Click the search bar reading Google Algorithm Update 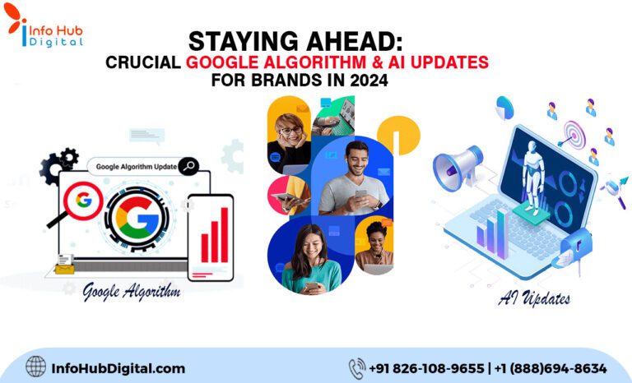pyautogui.click(x=142, y=166)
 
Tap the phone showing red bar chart pyautogui.click(x=211, y=236)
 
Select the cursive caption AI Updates pyautogui.click(x=533, y=298)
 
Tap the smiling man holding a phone pyautogui.click(x=354, y=177)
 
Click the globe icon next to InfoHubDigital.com pyautogui.click(x=36, y=367)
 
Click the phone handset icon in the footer pyautogui.click(x=356, y=367)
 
